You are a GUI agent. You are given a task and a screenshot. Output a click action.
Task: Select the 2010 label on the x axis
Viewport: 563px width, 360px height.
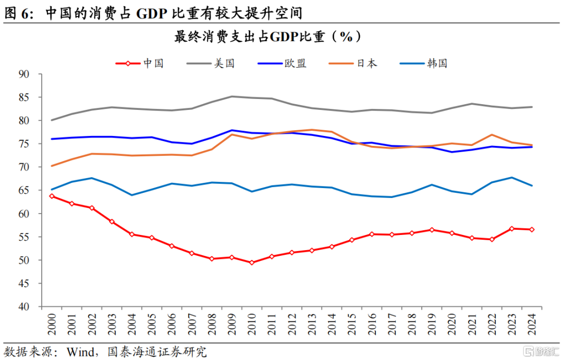pyautogui.click(x=252, y=324)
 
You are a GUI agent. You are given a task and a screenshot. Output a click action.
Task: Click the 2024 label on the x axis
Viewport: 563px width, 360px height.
pyautogui.click(x=532, y=324)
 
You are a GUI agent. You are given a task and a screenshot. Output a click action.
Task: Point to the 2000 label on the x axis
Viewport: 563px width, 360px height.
pyautogui.click(x=52, y=324)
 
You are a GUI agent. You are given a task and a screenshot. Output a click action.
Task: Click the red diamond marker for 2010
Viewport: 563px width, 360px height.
pyautogui.click(x=252, y=263)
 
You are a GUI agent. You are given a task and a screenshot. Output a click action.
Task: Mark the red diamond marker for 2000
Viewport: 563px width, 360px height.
pyautogui.click(x=52, y=196)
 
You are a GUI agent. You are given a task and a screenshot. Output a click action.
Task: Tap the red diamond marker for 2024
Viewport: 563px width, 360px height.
pyautogui.click(x=532, y=230)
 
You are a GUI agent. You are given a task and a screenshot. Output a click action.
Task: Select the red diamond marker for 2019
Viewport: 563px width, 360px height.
pyautogui.click(x=432, y=230)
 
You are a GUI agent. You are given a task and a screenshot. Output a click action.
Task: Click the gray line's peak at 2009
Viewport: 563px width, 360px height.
pyautogui.click(x=231, y=96)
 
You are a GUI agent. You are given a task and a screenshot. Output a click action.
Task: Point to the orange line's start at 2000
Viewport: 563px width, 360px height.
pyautogui.click(x=52, y=166)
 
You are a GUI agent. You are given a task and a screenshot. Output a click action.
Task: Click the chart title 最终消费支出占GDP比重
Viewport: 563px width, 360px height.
pyautogui.click(x=250, y=36)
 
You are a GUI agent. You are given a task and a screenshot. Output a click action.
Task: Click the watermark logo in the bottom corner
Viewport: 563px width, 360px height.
pyautogui.click(x=542, y=351)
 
